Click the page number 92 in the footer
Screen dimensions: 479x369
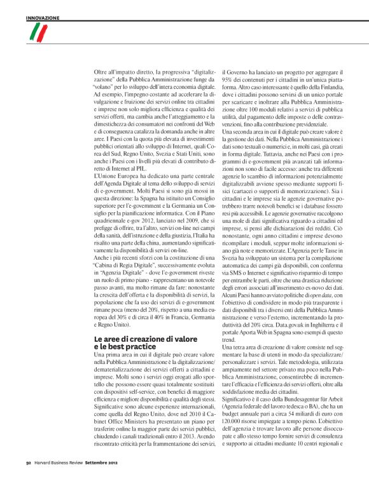point(29,471)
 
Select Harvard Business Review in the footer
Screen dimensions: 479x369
point(61,471)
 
